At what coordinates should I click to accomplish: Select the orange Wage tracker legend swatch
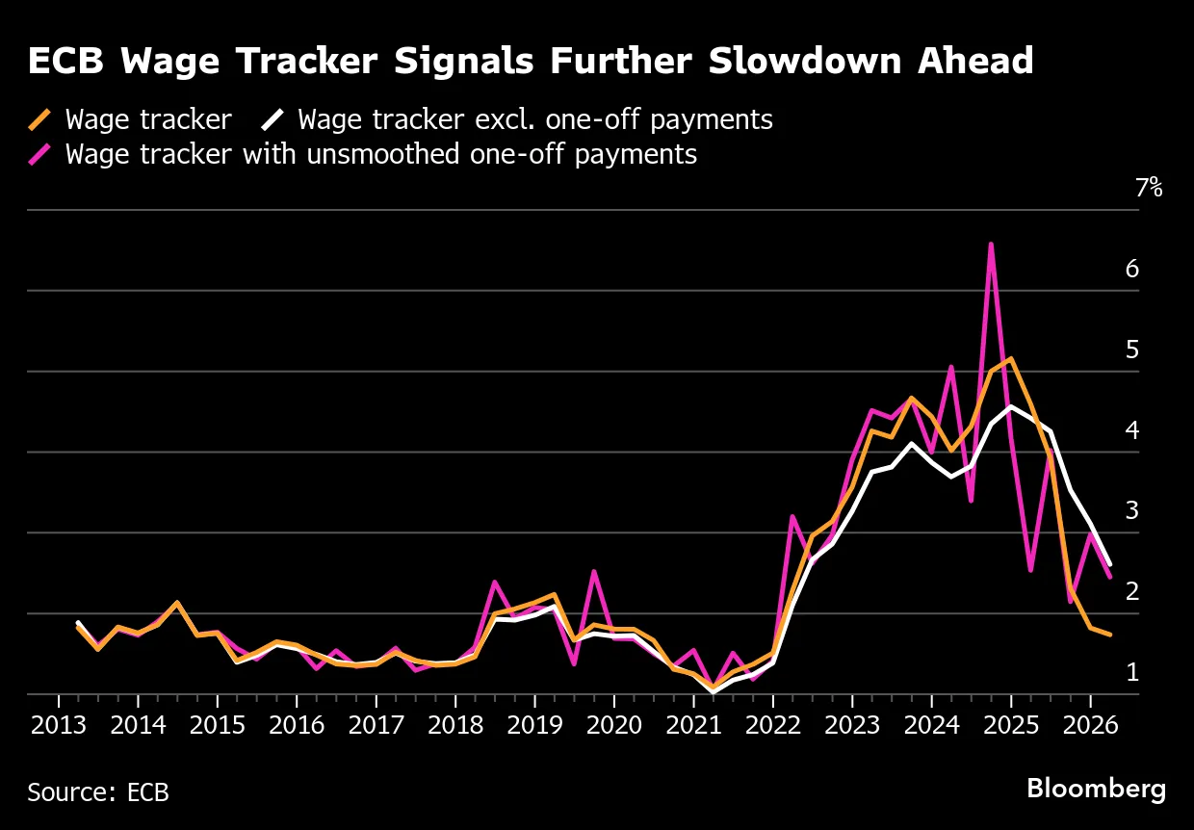coord(40,120)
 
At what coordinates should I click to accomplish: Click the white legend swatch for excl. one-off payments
coord(273,120)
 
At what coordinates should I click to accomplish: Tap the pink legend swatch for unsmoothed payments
coord(40,154)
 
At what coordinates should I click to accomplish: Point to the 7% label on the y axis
coord(1149,189)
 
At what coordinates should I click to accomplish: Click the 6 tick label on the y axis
coord(1132,269)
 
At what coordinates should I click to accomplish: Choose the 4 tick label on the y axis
coord(1132,430)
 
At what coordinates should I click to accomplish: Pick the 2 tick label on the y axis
coord(1132,591)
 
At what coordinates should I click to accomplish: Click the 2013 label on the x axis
coord(59,725)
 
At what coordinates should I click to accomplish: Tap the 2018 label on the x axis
coord(454,725)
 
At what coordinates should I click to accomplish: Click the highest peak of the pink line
coord(991,245)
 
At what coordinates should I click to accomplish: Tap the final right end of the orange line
coord(1110,635)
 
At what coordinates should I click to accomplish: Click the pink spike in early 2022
coord(792,517)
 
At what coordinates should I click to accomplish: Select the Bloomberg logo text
coord(1096,789)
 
